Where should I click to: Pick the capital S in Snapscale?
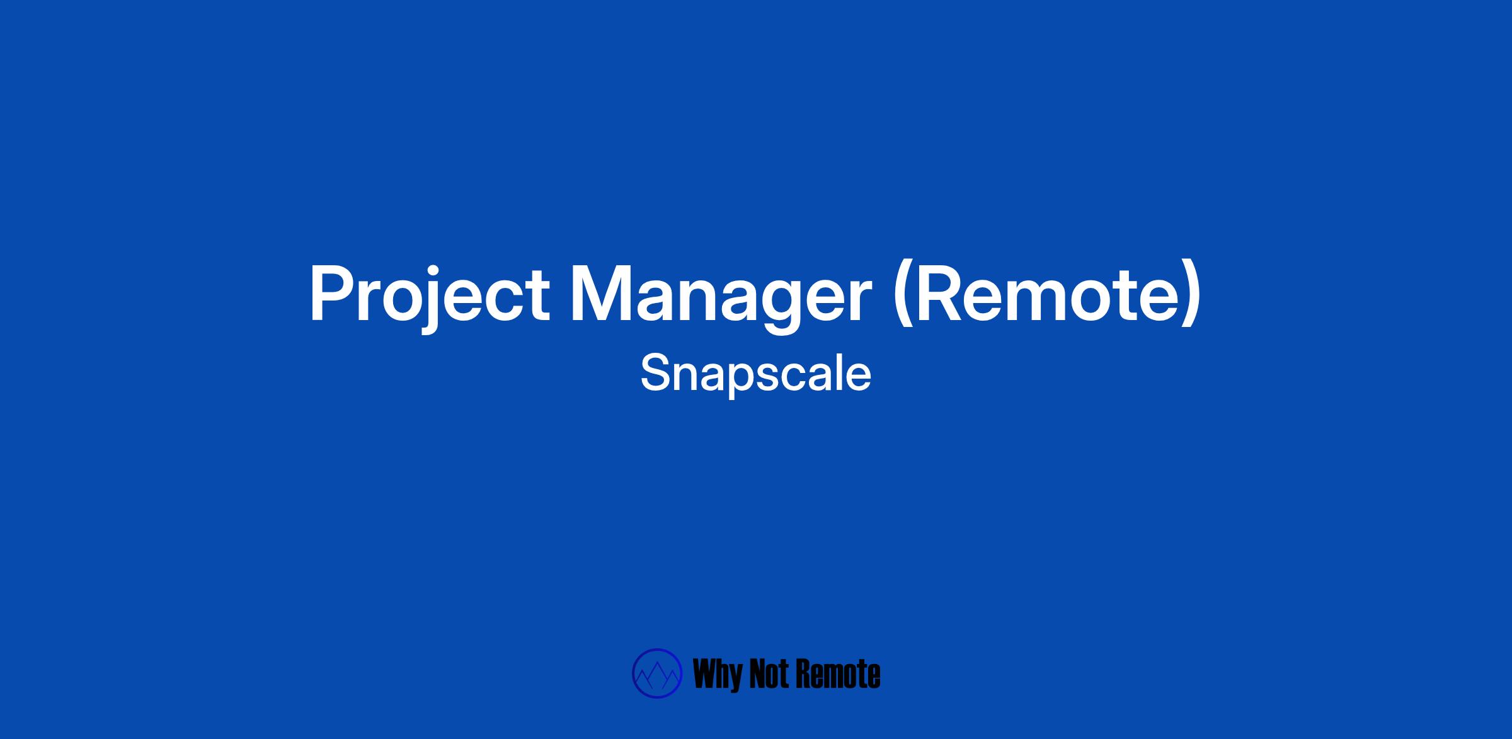pyautogui.click(x=655, y=372)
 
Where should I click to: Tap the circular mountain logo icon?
pyautogui.click(x=657, y=673)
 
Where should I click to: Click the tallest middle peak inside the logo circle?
pyautogui.click(x=657, y=664)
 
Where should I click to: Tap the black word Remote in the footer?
pyautogui.click(x=839, y=674)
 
